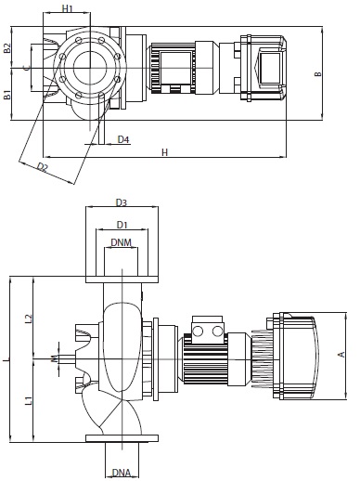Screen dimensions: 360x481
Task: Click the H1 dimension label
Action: click(67, 8)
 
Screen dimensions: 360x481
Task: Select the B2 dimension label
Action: click(7, 48)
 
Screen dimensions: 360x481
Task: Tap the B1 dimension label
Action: click(7, 95)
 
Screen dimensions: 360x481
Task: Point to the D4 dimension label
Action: click(123, 139)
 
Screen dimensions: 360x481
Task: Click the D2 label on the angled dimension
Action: click(43, 167)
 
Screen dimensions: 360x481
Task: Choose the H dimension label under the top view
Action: click(165, 152)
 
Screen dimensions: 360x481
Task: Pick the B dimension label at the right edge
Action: click(318, 74)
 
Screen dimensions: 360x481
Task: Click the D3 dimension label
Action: click(122, 202)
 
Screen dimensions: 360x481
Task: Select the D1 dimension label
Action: click(122, 225)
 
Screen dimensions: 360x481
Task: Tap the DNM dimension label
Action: click(121, 242)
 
